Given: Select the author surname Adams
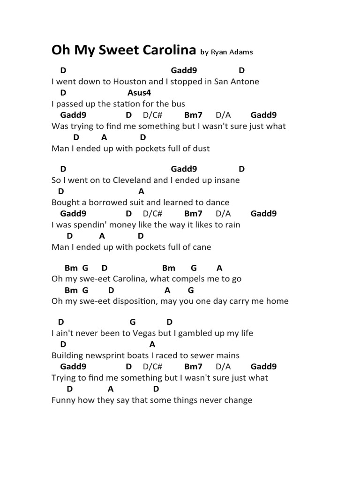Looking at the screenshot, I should [x=242, y=52].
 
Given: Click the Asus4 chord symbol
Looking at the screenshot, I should [x=139, y=93].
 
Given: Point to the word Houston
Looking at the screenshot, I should [x=129, y=82].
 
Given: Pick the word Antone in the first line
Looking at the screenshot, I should [x=244, y=82].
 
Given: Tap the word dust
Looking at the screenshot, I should [x=200, y=149].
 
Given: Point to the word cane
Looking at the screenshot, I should [x=201, y=247].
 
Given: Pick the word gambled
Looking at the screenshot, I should [x=195, y=333].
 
